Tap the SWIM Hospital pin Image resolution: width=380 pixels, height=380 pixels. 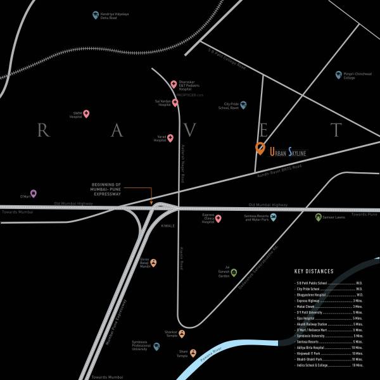coord(87,114)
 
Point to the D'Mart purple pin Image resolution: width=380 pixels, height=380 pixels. coord(34,194)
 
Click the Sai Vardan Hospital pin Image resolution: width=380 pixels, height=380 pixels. coord(175,102)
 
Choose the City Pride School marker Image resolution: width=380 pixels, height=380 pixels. coord(243,105)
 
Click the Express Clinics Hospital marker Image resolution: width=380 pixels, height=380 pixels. coord(218,218)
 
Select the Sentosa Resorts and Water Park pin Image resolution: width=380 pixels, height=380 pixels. coord(274,217)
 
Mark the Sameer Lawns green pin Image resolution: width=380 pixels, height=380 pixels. coord(319,217)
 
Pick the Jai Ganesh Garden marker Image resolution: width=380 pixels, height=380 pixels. coord(234,272)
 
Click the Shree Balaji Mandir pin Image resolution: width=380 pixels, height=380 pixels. coord(153,262)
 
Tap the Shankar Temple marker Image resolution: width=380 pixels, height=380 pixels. coord(182,333)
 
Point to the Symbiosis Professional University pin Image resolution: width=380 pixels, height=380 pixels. coord(156,346)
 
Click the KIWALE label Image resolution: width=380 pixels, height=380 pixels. coord(168,225)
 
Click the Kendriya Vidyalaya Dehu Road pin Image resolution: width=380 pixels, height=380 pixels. coord(96,14)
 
